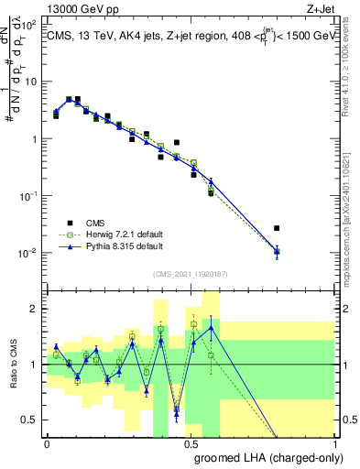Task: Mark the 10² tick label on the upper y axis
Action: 29,25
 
